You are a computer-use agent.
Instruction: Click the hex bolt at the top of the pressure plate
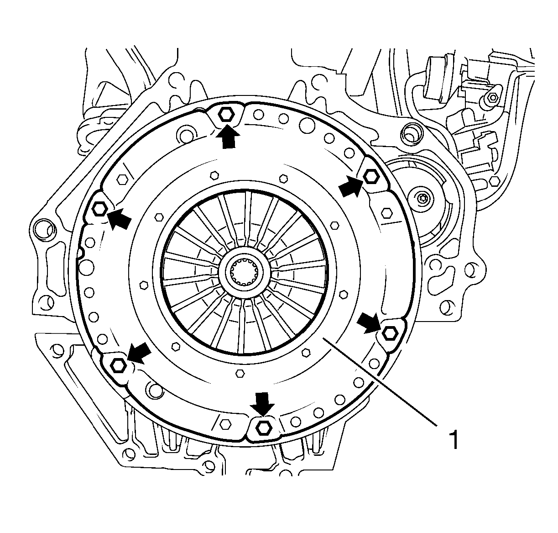coord(226,114)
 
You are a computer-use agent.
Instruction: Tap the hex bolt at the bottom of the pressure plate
coord(263,428)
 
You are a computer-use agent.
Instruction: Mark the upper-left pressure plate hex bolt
coord(99,209)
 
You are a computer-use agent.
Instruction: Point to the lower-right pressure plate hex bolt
coord(389,332)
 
